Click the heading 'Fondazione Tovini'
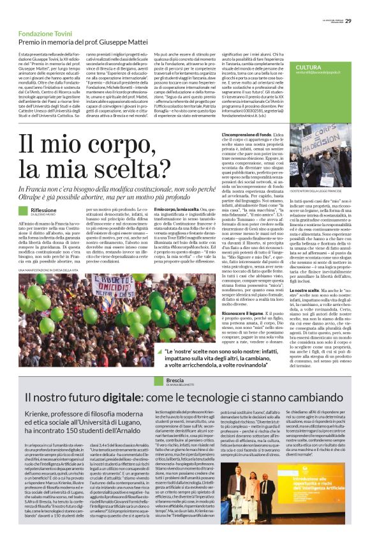pos(45,32)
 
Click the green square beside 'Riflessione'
pos(24,212)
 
